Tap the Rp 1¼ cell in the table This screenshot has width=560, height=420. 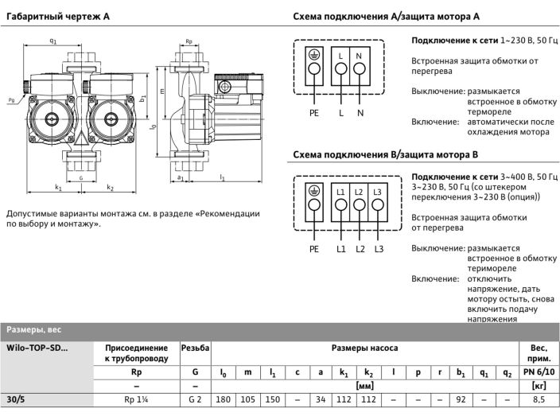coord(136,401)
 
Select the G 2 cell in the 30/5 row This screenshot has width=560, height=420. coord(195,401)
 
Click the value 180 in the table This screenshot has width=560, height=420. coord(224,401)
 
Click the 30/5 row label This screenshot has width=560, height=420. coord(15,401)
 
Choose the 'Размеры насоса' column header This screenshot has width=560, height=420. coord(364,348)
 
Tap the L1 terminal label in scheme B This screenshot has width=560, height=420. coord(341,193)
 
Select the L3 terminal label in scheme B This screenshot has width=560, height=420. coord(378,193)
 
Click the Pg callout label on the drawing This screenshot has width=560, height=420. coord(10,101)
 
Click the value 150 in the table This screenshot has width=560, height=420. coord(274,401)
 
